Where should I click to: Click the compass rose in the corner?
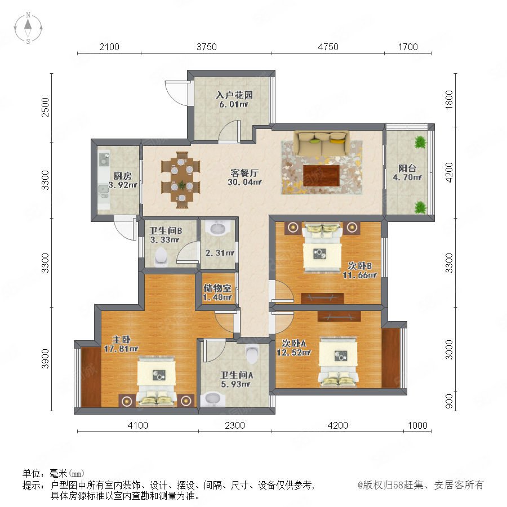tap(28, 28)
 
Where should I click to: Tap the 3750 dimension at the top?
tap(207, 47)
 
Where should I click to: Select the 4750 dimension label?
tap(328, 47)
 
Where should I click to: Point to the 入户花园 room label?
tap(234, 95)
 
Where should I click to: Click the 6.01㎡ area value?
tap(233, 104)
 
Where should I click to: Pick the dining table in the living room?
tap(181, 180)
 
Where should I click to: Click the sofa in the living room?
tap(322, 143)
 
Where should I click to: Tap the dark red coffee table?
tap(322, 176)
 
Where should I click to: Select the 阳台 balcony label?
tap(407, 168)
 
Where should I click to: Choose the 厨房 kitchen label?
tap(123, 176)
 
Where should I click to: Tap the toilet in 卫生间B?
tap(161, 257)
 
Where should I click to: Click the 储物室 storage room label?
tap(217, 288)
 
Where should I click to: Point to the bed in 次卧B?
tap(322, 247)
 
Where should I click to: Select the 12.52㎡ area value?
tap(293, 353)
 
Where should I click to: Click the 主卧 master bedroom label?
tap(121, 340)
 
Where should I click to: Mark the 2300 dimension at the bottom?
tap(235, 425)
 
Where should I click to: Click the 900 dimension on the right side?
tap(449, 402)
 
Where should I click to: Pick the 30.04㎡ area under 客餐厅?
tap(245, 182)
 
